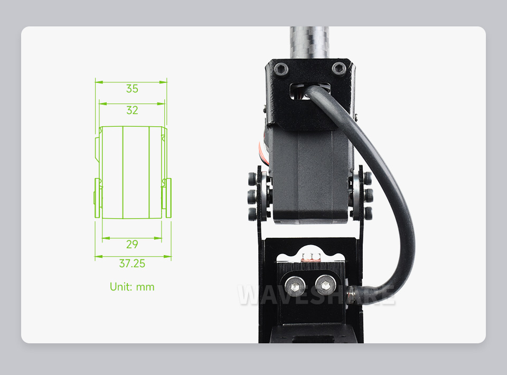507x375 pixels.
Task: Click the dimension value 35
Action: point(132,89)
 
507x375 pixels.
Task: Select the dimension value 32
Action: point(132,110)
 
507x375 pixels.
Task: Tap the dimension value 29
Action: point(132,244)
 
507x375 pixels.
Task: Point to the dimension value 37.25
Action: point(132,264)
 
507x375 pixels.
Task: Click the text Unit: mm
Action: point(132,287)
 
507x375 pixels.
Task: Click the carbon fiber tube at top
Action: point(309,42)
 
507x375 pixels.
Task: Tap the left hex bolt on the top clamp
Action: point(280,69)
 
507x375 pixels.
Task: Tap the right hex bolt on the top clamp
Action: point(339,68)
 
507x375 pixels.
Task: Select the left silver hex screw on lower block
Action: point(295,286)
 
